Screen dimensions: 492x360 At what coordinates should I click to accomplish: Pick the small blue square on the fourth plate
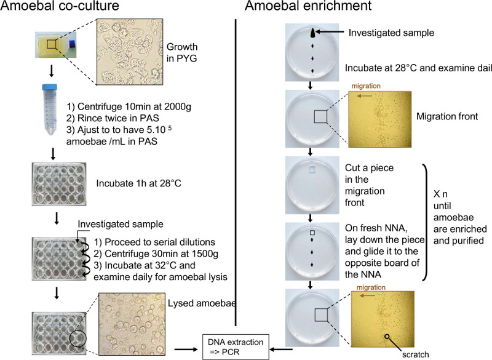[x=314, y=231]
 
